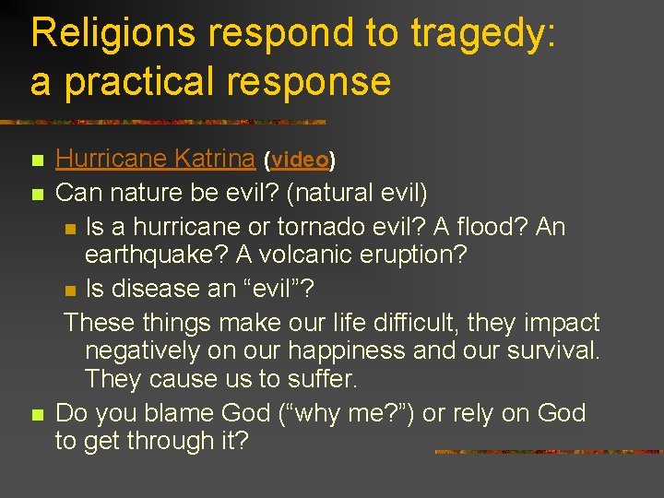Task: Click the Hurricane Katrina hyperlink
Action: [155, 159]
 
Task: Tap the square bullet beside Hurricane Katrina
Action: [36, 161]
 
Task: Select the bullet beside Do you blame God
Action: [36, 415]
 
